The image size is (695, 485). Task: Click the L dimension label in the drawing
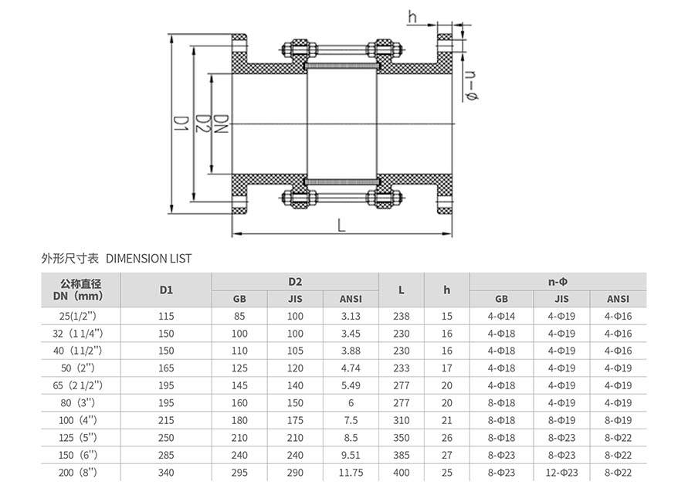(x=341, y=225)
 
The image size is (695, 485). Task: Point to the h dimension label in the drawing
(x=412, y=16)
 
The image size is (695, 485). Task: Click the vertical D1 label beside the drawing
(x=180, y=126)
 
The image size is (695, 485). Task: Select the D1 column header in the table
(x=166, y=290)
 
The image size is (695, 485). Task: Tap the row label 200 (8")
(x=80, y=473)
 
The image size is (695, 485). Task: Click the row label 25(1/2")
(x=80, y=316)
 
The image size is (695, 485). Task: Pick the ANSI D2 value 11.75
(x=352, y=473)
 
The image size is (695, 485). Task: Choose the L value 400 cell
(x=402, y=473)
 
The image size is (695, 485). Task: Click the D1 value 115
(x=166, y=316)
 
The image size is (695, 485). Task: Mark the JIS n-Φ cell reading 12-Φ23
(x=561, y=473)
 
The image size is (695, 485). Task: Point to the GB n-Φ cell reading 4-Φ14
(x=501, y=316)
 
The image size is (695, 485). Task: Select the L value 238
(x=402, y=316)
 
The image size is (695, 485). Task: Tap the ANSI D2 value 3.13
(x=352, y=316)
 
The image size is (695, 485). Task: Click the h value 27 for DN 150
(x=447, y=455)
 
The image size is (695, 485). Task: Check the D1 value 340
(x=166, y=473)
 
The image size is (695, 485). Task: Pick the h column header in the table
(x=447, y=290)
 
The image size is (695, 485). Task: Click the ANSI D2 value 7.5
(x=352, y=420)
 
